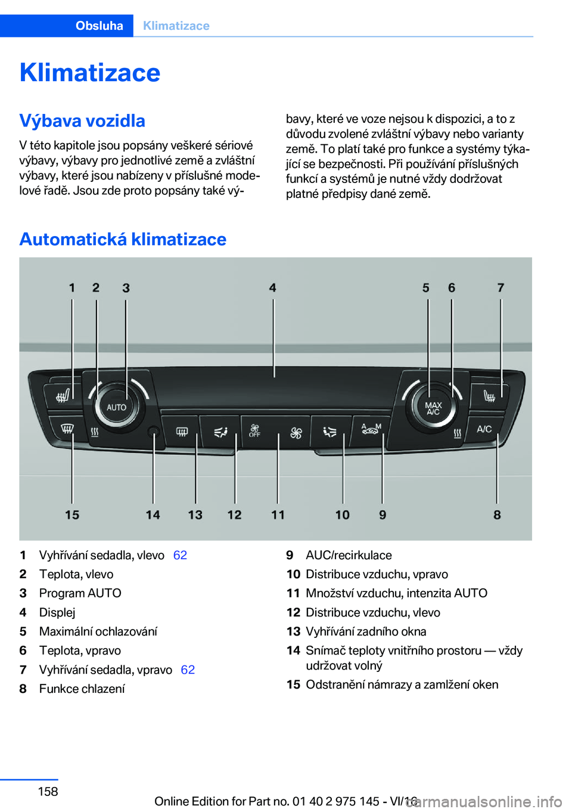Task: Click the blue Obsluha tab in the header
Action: [99, 26]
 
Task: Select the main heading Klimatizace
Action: [90, 73]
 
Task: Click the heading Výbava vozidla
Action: [82, 120]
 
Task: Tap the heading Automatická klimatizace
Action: [123, 239]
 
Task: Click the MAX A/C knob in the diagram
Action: [433, 408]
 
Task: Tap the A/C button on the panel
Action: [484, 429]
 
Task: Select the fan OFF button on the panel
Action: [255, 430]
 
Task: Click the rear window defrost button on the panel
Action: [182, 432]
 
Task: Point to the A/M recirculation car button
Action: [371, 429]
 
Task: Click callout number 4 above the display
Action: [273, 288]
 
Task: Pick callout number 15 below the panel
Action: [72, 515]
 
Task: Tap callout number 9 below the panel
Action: [383, 515]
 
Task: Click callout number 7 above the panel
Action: [500, 288]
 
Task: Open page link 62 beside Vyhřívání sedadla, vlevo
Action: [180, 555]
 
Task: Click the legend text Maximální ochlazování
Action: [98, 631]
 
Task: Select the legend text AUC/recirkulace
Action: [349, 555]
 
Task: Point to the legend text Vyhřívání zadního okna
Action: [366, 631]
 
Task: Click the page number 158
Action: [48, 791]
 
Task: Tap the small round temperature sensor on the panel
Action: [153, 431]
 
